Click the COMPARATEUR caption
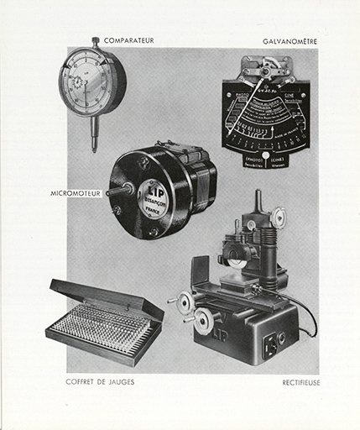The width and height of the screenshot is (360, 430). [x=129, y=39]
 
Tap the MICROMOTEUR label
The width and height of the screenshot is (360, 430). [x=75, y=193]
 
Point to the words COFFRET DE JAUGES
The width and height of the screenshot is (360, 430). [x=100, y=382]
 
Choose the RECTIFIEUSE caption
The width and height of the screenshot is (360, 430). [x=301, y=382]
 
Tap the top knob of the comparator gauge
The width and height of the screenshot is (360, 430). [x=96, y=41]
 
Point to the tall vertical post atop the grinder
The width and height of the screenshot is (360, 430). [x=258, y=205]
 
